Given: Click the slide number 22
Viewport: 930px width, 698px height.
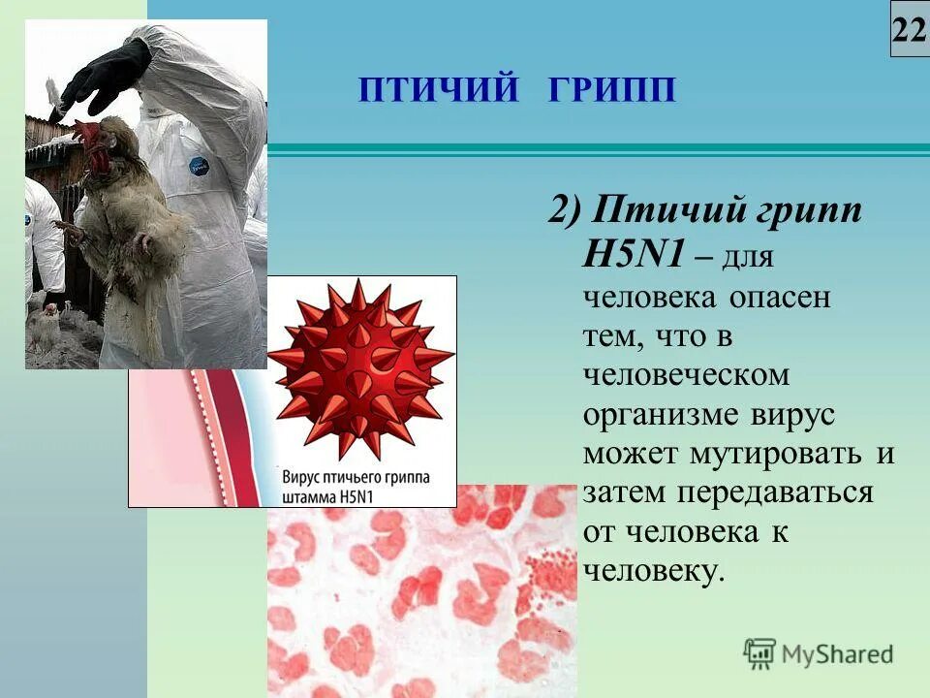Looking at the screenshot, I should [x=910, y=31].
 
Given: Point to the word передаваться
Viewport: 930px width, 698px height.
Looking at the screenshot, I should [x=775, y=492].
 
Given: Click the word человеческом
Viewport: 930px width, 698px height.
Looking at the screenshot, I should [x=687, y=374].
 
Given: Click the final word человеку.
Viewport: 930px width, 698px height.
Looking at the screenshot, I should [x=653, y=570].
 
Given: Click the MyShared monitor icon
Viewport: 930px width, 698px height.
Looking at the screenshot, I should [x=759, y=653].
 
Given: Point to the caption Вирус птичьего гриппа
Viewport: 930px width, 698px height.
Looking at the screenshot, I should [x=356, y=479].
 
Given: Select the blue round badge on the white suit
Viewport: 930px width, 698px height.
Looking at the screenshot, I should [x=199, y=166].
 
